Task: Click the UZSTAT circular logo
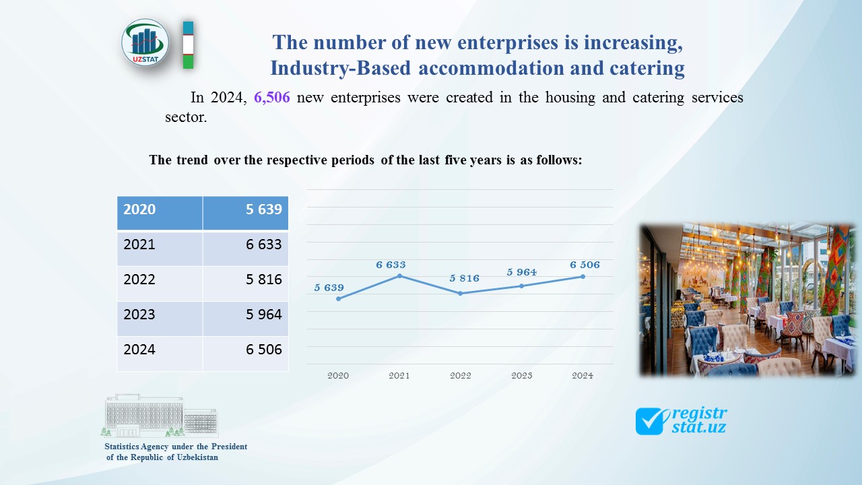(145, 42)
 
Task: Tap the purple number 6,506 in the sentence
(271, 98)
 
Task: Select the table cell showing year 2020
(160, 209)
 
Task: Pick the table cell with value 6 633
(245, 245)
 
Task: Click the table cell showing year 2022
(160, 280)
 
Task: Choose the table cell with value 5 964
(245, 315)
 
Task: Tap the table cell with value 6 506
(245, 350)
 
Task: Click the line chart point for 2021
(399, 276)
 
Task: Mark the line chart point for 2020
(338, 298)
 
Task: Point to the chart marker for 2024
(583, 276)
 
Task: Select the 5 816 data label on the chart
(464, 278)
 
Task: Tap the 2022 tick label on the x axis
(461, 375)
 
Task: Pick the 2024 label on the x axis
(583, 375)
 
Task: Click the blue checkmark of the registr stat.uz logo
(650, 421)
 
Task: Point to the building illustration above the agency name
(160, 416)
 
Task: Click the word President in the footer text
(229, 447)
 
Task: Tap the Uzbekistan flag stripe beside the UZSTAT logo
(189, 44)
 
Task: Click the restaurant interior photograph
(747, 299)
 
